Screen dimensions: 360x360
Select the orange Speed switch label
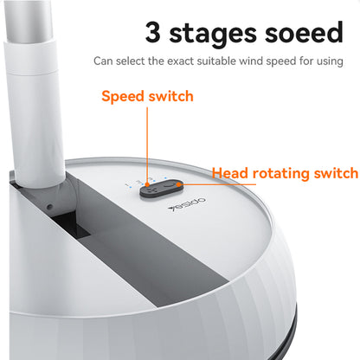pos(147,96)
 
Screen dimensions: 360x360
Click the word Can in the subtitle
pos(102,61)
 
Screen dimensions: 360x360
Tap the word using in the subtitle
pos(328,61)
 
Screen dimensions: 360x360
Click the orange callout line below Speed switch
pos(147,138)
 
